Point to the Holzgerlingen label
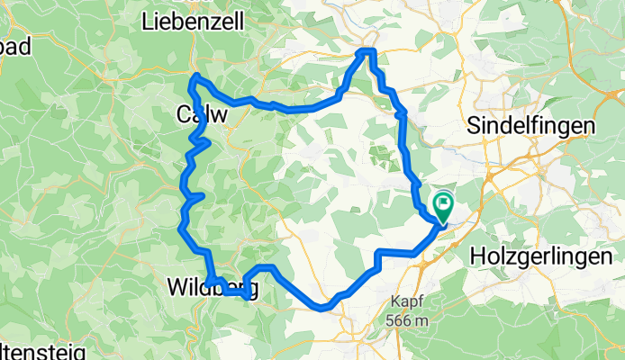pos(547,257)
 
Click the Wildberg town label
pos(213,289)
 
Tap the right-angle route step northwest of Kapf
pos(379,253)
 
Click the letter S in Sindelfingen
pos(474,125)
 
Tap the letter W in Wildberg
pos(177,289)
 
